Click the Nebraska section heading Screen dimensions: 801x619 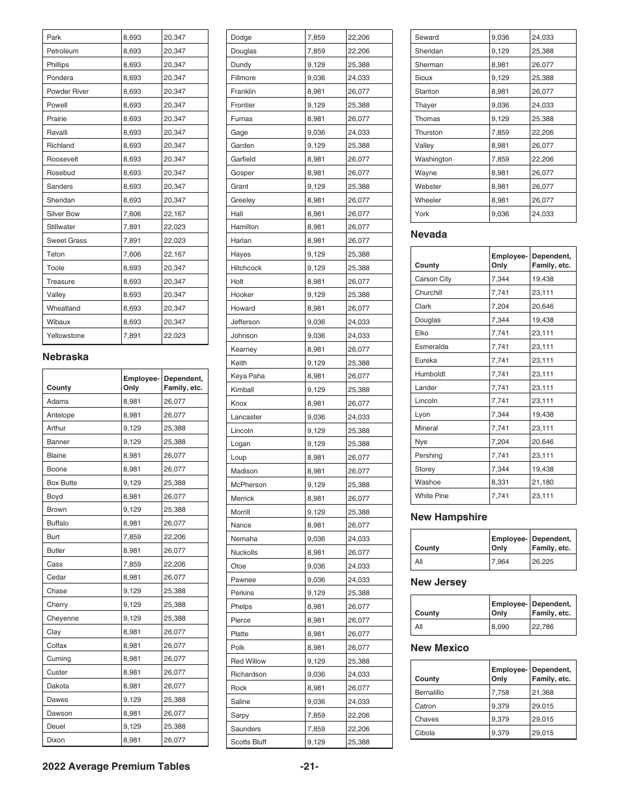pyautogui.click(x=65, y=357)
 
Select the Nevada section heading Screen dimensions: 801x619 pyautogui.click(x=429, y=234)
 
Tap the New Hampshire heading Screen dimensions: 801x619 pyautogui.click(x=448, y=517)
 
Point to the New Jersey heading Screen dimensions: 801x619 pyautogui.click(x=439, y=582)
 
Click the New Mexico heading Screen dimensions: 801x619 pyautogui.click(x=439, y=648)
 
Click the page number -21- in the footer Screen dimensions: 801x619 pyautogui.click(x=309, y=766)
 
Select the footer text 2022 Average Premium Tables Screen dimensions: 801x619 pyautogui.click(x=116, y=766)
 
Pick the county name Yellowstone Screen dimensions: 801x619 pyautogui.click(x=65, y=336)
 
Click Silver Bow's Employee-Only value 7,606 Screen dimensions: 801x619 pyautogui.click(x=134, y=214)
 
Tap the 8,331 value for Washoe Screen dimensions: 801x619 pyautogui.click(x=502, y=483)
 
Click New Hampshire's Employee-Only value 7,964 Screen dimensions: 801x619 pyautogui.click(x=502, y=561)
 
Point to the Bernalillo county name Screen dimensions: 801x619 pyautogui.click(x=429, y=693)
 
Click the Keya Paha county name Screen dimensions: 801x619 pyautogui.click(x=248, y=376)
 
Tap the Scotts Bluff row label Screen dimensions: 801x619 pyautogui.click(x=248, y=742)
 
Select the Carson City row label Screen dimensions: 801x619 pyautogui.click(x=433, y=279)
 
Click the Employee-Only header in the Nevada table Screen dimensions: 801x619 pyautogui.click(x=509, y=260)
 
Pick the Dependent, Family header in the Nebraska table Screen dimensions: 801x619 pyautogui.click(x=184, y=383)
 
